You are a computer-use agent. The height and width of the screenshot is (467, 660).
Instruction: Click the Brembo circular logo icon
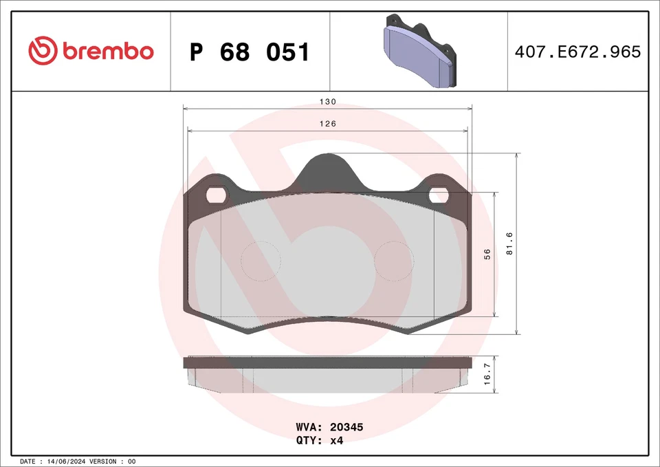click(43, 51)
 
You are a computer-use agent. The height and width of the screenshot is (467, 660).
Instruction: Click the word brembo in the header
click(108, 52)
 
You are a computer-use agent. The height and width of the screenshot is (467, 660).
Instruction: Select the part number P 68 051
click(250, 52)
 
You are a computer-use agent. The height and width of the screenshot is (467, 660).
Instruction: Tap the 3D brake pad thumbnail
click(419, 52)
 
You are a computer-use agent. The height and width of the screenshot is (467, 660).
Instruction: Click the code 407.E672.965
click(577, 52)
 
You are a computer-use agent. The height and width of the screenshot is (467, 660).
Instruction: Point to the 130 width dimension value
click(328, 102)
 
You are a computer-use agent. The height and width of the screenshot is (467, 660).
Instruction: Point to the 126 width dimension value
click(328, 124)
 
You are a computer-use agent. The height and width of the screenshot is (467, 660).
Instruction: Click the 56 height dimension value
click(487, 254)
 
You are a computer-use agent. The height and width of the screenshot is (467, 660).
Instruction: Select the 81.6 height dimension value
click(509, 244)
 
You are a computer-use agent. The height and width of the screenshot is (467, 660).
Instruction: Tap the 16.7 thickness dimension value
click(487, 376)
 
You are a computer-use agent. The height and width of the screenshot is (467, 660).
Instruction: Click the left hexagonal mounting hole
click(217, 195)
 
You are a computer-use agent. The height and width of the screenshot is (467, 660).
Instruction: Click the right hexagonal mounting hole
click(438, 195)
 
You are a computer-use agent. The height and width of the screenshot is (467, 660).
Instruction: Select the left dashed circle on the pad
click(261, 262)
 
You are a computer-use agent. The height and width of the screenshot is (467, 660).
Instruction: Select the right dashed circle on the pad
click(393, 262)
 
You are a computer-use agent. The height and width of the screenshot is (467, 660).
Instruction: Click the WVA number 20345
click(347, 427)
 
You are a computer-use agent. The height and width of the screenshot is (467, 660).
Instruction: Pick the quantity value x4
click(337, 441)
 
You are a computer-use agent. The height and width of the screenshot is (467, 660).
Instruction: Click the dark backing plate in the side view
click(328, 362)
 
